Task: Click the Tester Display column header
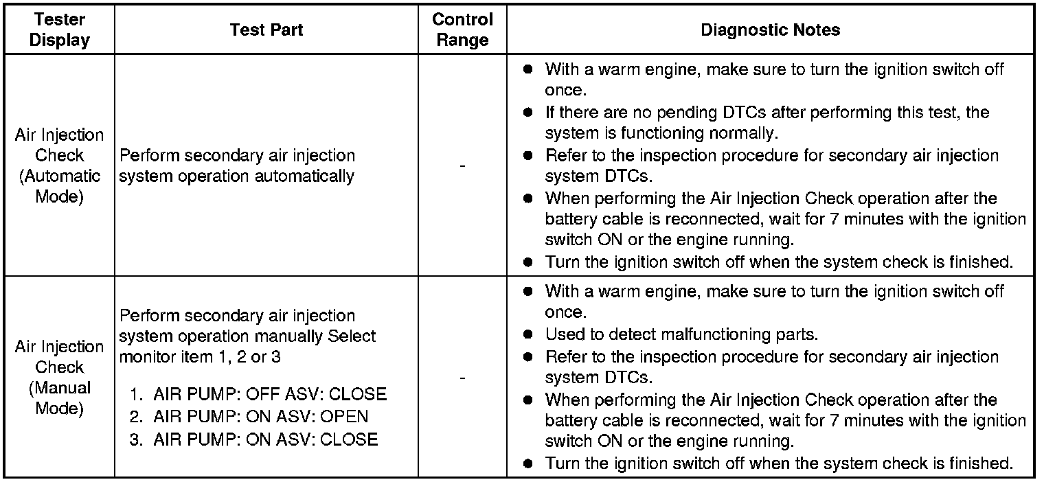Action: [60, 30]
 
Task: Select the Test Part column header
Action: [266, 30]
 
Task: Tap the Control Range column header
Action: [462, 30]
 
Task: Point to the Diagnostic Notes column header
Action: [770, 30]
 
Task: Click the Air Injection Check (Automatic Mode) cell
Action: [60, 165]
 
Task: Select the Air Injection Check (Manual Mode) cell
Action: [60, 377]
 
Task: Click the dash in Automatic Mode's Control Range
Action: [462, 166]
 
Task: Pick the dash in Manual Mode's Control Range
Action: [462, 378]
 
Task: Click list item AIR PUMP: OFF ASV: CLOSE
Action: [269, 395]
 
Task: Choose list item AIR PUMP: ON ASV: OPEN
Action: [260, 417]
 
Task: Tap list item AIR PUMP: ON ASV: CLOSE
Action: [265, 439]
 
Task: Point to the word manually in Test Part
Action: [288, 337]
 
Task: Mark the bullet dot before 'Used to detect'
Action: [527, 335]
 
